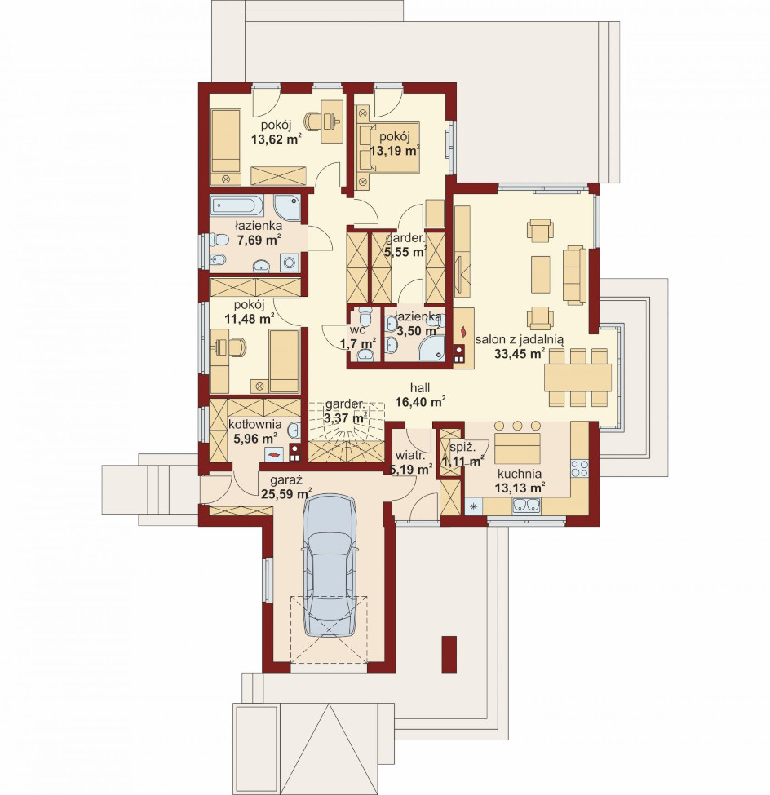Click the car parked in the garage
[329, 565]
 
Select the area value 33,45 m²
[520, 353]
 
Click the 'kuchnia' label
[519, 474]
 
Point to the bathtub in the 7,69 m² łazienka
[237, 206]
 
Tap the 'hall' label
[420, 388]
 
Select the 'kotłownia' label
[254, 423]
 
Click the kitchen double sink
[527, 506]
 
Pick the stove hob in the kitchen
[579, 469]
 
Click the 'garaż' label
[286, 479]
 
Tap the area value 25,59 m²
[286, 493]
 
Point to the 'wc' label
[357, 329]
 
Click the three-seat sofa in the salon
[575, 275]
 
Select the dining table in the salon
[577, 377]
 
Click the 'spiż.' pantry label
[462, 448]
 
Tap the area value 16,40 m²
[420, 402]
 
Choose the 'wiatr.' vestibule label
[409, 454]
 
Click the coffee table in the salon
[540, 274]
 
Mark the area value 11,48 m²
[249, 318]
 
